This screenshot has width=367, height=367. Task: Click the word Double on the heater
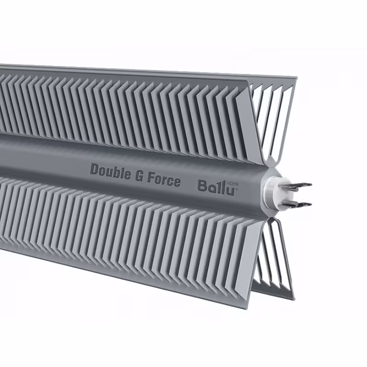[x=108, y=171]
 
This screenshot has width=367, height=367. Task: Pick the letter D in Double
[x=94, y=169]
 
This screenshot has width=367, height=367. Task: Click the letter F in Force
[x=150, y=178]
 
